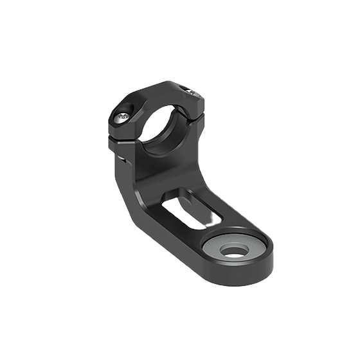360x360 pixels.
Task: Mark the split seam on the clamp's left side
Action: pyautogui.click(x=123, y=137)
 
